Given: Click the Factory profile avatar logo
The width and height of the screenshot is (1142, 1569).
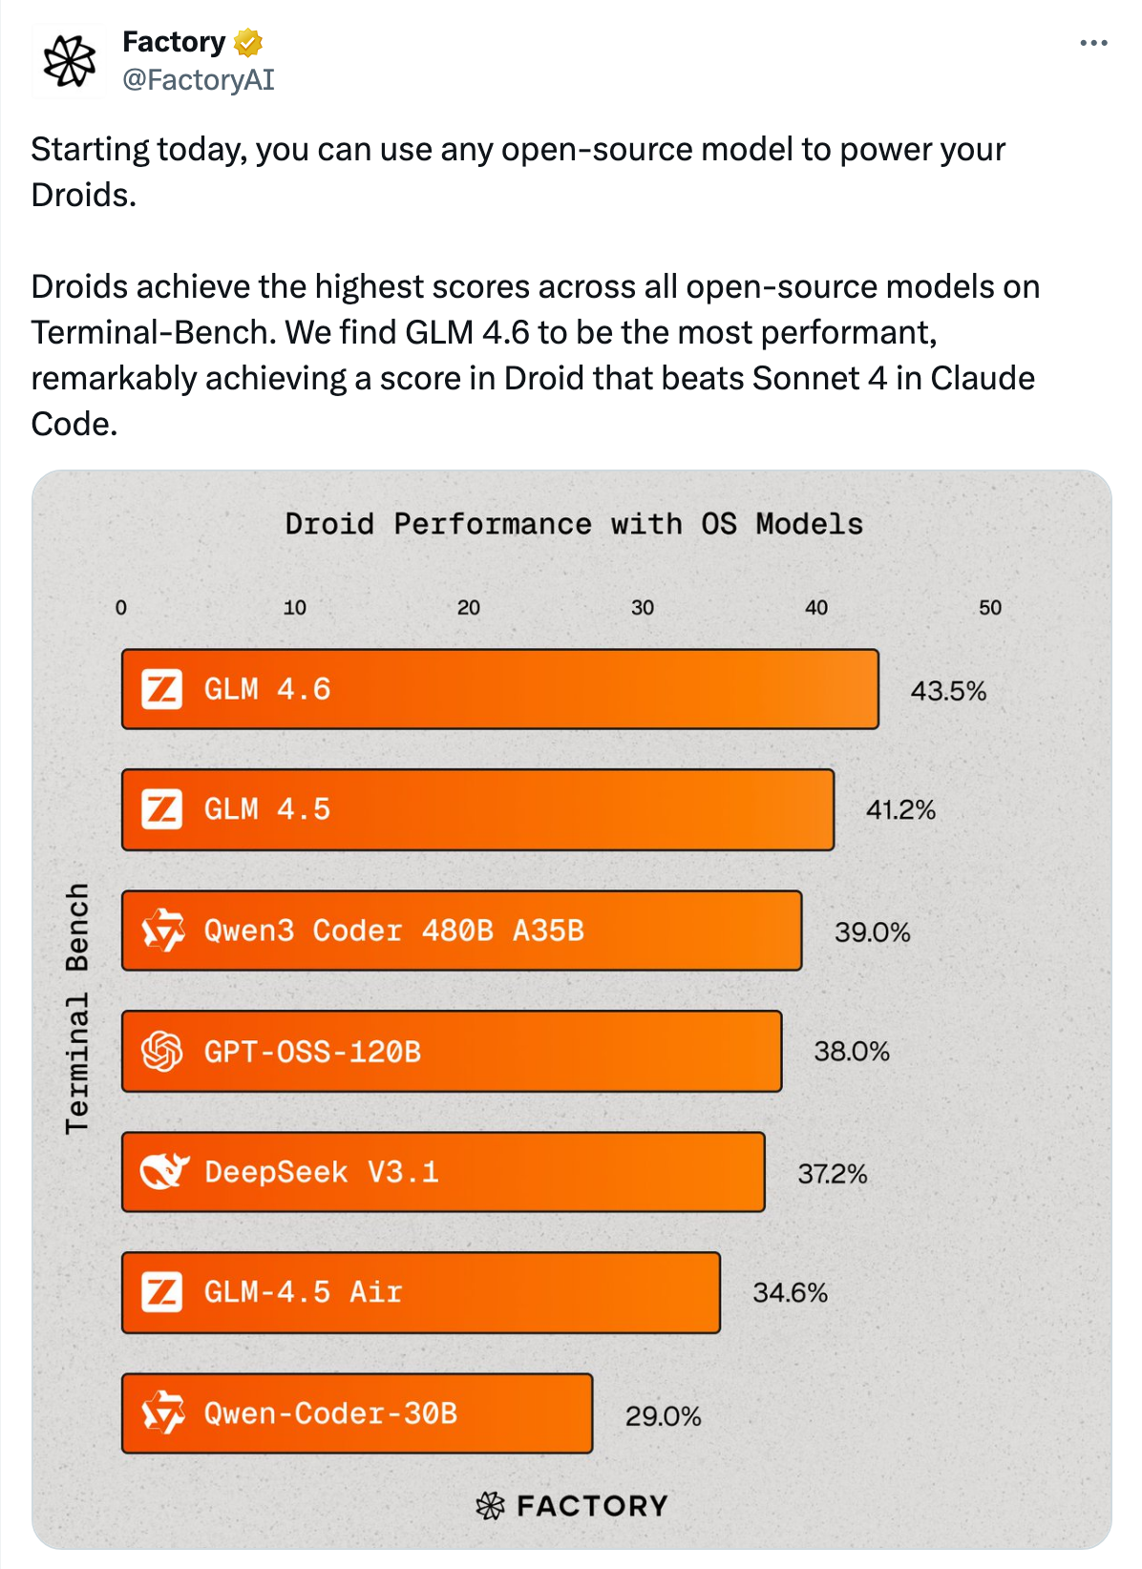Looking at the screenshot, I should pos(70,60).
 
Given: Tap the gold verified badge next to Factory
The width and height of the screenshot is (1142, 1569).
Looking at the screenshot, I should pos(247,43).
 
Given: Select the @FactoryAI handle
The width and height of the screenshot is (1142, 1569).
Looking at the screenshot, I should pos(198,80).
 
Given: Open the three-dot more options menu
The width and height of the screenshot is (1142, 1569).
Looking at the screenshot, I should pos(1093,43).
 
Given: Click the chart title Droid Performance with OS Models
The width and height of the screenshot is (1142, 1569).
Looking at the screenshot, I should pos(573,524).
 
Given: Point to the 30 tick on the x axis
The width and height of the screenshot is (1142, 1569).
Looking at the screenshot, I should pos(643,608).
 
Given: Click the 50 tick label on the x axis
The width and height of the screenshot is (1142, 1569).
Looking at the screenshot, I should pos(990,608).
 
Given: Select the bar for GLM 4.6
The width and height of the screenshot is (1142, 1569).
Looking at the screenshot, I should pos(499,689).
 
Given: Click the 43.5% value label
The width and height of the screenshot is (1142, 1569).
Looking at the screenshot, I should pos(948,691).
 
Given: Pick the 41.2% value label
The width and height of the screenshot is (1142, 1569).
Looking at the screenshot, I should pos(900,810).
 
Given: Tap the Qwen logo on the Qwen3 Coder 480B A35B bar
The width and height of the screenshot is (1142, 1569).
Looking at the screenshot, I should pos(163,931).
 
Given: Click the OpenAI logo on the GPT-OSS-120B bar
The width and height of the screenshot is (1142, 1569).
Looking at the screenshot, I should pos(162,1052).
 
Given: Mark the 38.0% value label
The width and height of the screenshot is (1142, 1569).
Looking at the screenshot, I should pos(852,1052).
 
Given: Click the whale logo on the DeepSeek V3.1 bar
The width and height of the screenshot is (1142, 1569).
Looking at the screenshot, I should pos(163,1171).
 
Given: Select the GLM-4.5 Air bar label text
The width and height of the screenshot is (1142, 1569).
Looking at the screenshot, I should pos(303,1292).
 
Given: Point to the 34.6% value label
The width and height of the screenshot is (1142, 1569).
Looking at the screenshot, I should pos(790,1293).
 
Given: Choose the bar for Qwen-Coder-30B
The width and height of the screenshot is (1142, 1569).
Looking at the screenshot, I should pos(357,1413).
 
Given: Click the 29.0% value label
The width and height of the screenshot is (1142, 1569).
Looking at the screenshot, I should pos(663,1416).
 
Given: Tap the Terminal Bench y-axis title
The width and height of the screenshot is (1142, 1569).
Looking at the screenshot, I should pos(76,1008).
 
